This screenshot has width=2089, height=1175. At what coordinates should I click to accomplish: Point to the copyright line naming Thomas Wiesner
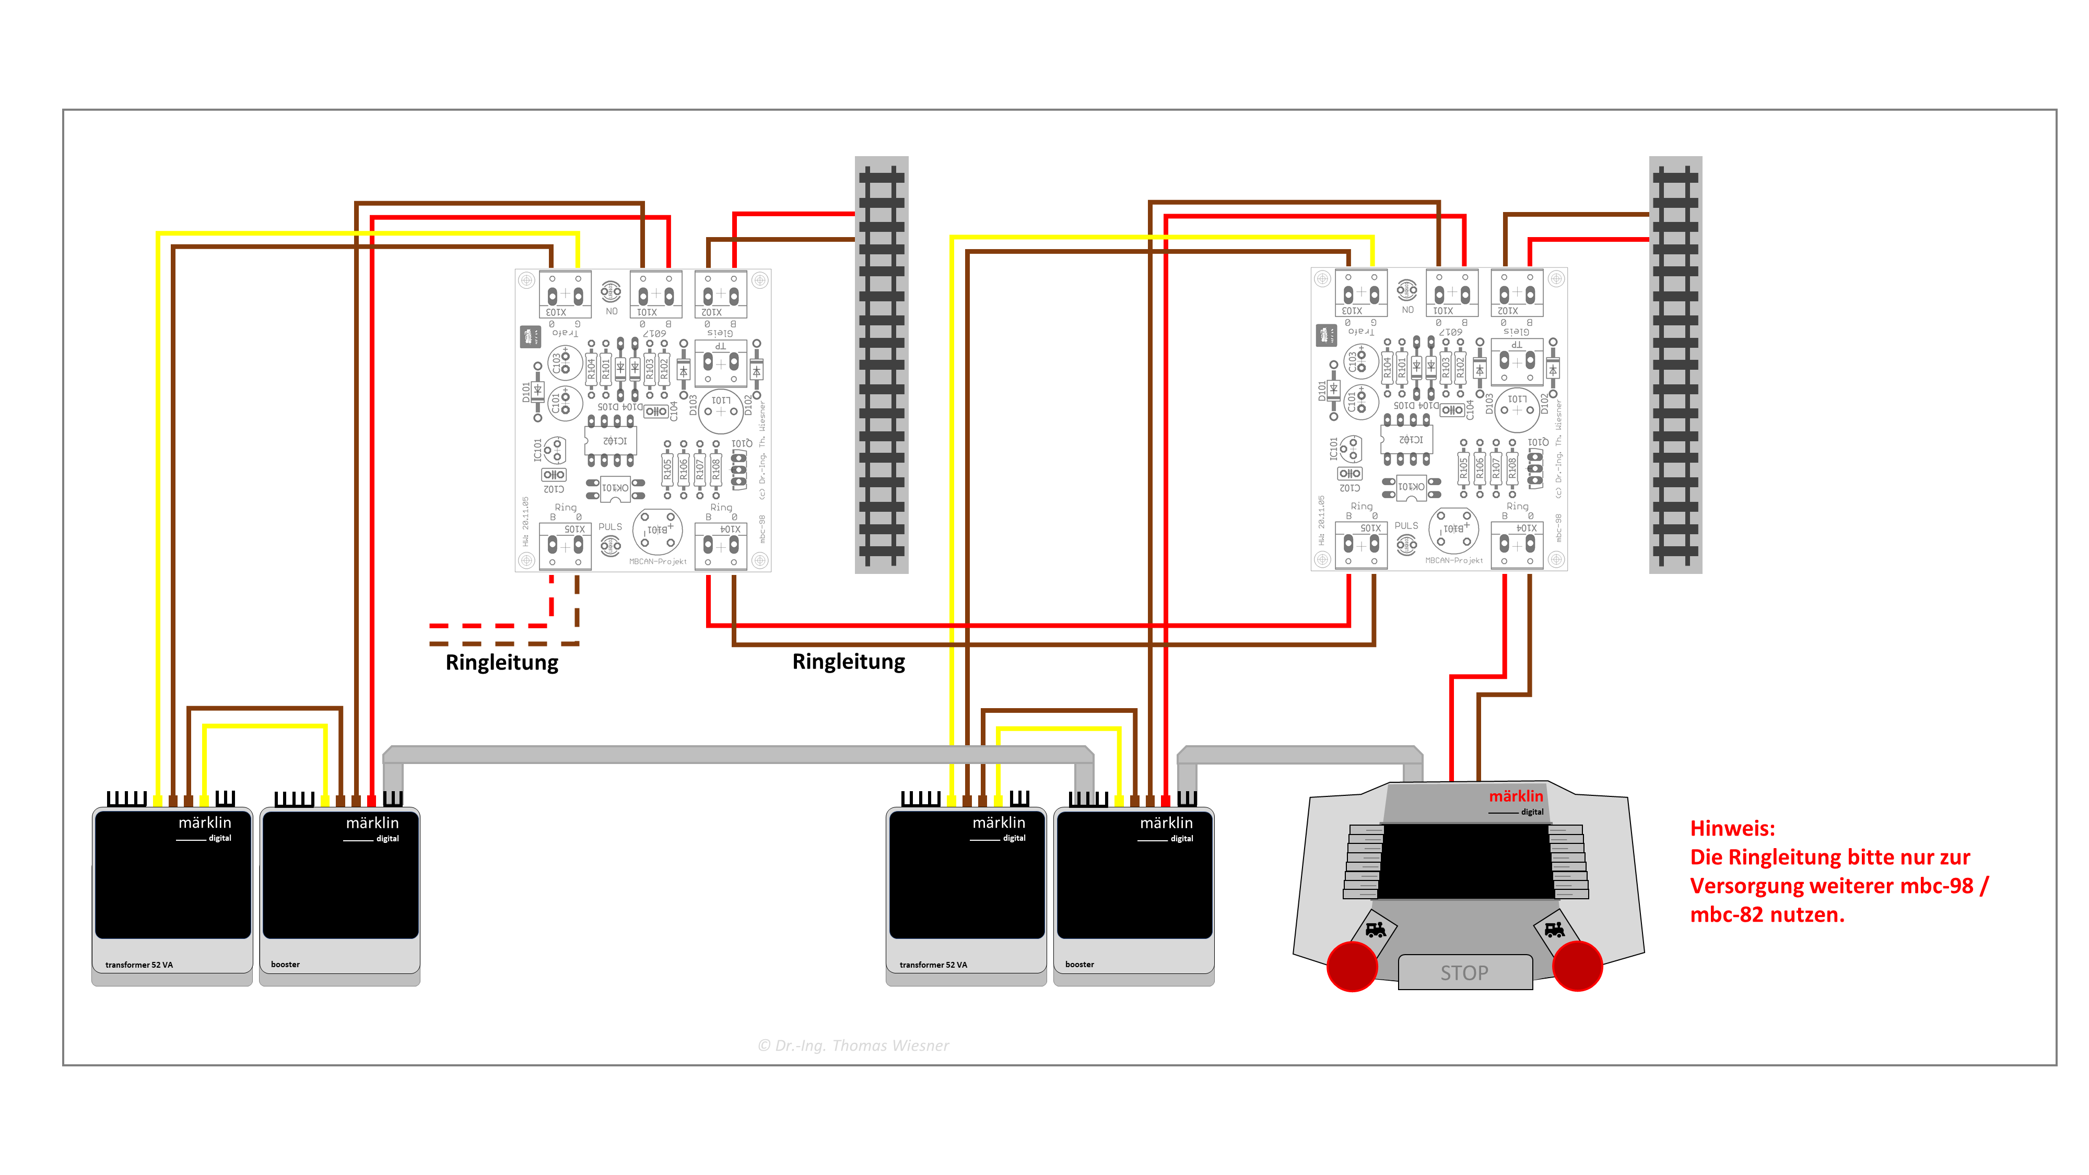[x=853, y=1045]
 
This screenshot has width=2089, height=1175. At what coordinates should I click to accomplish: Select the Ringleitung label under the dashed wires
[x=502, y=663]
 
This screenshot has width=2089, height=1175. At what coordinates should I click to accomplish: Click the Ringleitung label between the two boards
[x=848, y=662]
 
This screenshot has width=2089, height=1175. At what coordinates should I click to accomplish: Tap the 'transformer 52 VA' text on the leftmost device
[x=139, y=965]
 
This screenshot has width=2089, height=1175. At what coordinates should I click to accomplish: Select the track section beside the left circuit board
[x=882, y=365]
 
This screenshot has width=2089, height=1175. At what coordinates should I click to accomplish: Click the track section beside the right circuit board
[x=1675, y=365]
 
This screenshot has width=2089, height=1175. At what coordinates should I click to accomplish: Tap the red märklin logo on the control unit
[x=1516, y=796]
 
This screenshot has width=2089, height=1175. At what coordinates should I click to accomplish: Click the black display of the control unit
[x=1464, y=861]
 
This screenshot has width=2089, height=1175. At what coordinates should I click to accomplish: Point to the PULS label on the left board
[x=610, y=527]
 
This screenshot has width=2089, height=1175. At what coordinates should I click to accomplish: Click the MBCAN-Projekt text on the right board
[x=1454, y=560]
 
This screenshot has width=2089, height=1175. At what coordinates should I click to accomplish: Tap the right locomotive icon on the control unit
[x=1554, y=930]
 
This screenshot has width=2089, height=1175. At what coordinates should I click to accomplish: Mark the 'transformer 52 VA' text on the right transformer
[x=933, y=965]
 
